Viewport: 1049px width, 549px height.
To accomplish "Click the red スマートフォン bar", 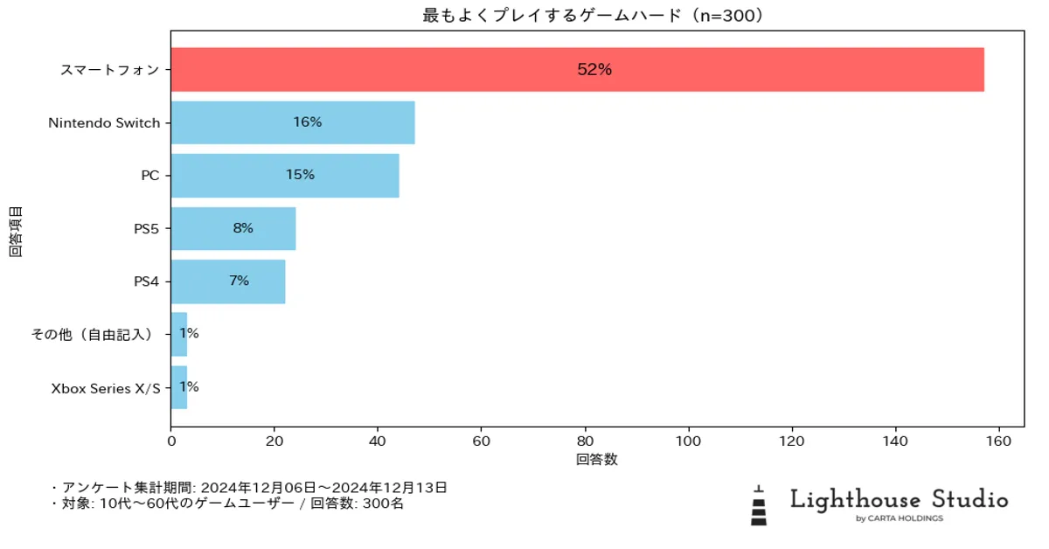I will click(x=577, y=70).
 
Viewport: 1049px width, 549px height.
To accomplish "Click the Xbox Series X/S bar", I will click(x=178, y=387).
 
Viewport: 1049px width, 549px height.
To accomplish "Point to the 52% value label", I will click(x=594, y=70).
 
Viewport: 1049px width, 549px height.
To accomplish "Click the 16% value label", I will click(x=308, y=122).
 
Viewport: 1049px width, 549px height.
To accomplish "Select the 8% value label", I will click(x=243, y=228).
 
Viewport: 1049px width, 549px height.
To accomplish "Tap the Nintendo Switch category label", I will click(x=105, y=123).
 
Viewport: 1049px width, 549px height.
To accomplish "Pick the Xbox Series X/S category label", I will click(x=106, y=387).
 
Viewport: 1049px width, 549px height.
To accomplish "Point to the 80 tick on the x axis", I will click(x=586, y=440).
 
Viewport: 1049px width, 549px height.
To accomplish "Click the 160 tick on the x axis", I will click(x=999, y=440).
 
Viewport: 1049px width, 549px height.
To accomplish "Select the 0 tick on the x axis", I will click(x=171, y=440).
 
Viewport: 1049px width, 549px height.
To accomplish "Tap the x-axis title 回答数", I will click(x=596, y=460).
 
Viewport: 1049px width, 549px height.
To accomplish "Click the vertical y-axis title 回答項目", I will click(x=16, y=232).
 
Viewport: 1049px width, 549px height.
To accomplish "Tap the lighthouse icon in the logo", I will click(x=758, y=506).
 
